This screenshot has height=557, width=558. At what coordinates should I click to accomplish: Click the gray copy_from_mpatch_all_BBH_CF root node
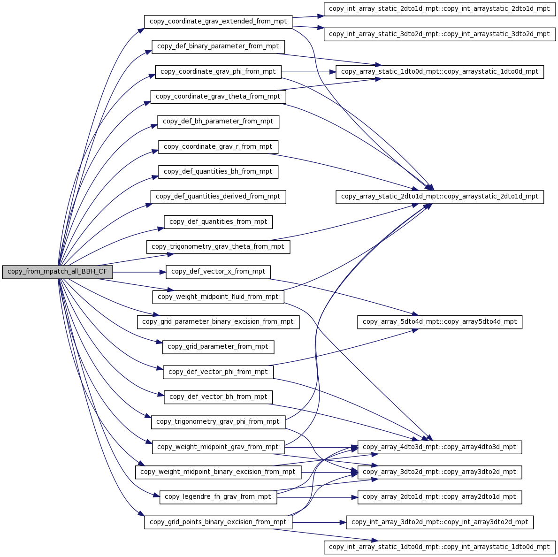pyautogui.click(x=57, y=272)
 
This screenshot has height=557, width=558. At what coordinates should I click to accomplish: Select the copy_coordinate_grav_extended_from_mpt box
pyautogui.click(x=218, y=22)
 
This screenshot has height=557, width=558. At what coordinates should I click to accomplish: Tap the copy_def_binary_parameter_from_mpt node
pyautogui.click(x=218, y=47)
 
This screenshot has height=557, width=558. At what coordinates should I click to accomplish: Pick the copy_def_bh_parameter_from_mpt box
pyautogui.click(x=218, y=122)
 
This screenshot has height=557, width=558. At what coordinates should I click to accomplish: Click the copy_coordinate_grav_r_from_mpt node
pyautogui.click(x=218, y=147)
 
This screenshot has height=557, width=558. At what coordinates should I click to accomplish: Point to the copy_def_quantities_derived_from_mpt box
pyautogui.click(x=218, y=197)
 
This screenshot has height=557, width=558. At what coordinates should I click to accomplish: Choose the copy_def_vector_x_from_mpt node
pyautogui.click(x=218, y=272)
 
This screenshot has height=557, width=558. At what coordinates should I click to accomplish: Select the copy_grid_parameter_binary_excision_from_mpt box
pyautogui.click(x=218, y=322)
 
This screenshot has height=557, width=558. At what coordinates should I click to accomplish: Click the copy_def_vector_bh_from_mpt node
pyautogui.click(x=218, y=397)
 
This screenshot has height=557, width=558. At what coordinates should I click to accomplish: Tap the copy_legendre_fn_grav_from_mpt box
pyautogui.click(x=218, y=497)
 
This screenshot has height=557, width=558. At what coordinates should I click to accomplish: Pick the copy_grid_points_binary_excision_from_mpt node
pyautogui.click(x=218, y=522)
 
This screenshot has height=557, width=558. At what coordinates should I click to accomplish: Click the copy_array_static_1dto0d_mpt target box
pyautogui.click(x=439, y=72)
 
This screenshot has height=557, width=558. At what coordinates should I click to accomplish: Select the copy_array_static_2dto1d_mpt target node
pyautogui.click(x=439, y=197)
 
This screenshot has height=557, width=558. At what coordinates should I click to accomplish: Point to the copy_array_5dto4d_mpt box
pyautogui.click(x=439, y=322)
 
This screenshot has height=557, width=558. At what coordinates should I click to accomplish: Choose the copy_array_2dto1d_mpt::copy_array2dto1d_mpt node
pyautogui.click(x=439, y=497)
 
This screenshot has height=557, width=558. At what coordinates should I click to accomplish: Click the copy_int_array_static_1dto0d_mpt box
pyautogui.click(x=439, y=547)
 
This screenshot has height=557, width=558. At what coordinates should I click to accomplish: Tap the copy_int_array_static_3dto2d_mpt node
pyautogui.click(x=439, y=35)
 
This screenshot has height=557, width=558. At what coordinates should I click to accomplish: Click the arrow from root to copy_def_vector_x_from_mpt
pyautogui.click(x=139, y=272)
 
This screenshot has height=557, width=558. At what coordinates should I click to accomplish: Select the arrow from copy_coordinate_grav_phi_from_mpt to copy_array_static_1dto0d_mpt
pyautogui.click(x=308, y=72)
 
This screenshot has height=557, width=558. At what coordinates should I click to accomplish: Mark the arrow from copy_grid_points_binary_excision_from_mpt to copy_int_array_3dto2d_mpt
pyautogui.click(x=319, y=522)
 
